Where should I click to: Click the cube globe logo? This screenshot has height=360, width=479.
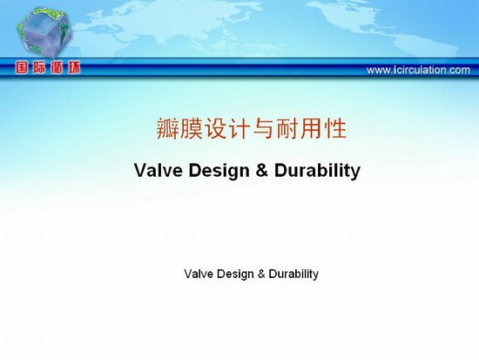(x=45, y=32)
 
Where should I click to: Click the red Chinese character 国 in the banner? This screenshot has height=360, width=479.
(x=22, y=68)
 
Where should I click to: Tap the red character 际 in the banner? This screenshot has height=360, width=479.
(x=39, y=68)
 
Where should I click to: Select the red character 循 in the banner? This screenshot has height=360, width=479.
(x=57, y=68)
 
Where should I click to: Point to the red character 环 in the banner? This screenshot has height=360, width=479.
(x=74, y=68)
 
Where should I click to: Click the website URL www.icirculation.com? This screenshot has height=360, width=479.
(x=418, y=70)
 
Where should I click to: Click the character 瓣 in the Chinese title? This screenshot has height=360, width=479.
(x=167, y=128)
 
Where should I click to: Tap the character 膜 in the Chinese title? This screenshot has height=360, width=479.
(x=192, y=128)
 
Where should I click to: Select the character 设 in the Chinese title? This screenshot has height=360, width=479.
(x=215, y=128)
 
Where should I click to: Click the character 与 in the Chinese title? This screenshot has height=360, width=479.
(x=263, y=128)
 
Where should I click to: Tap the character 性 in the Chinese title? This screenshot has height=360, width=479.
(x=335, y=128)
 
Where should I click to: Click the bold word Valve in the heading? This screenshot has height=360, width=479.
(x=159, y=170)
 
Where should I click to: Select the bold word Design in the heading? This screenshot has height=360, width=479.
(x=219, y=171)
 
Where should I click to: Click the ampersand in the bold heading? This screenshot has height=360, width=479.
(x=262, y=170)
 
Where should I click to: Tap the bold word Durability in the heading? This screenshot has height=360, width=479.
(x=317, y=171)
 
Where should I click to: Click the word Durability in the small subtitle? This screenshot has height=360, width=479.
(x=293, y=274)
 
